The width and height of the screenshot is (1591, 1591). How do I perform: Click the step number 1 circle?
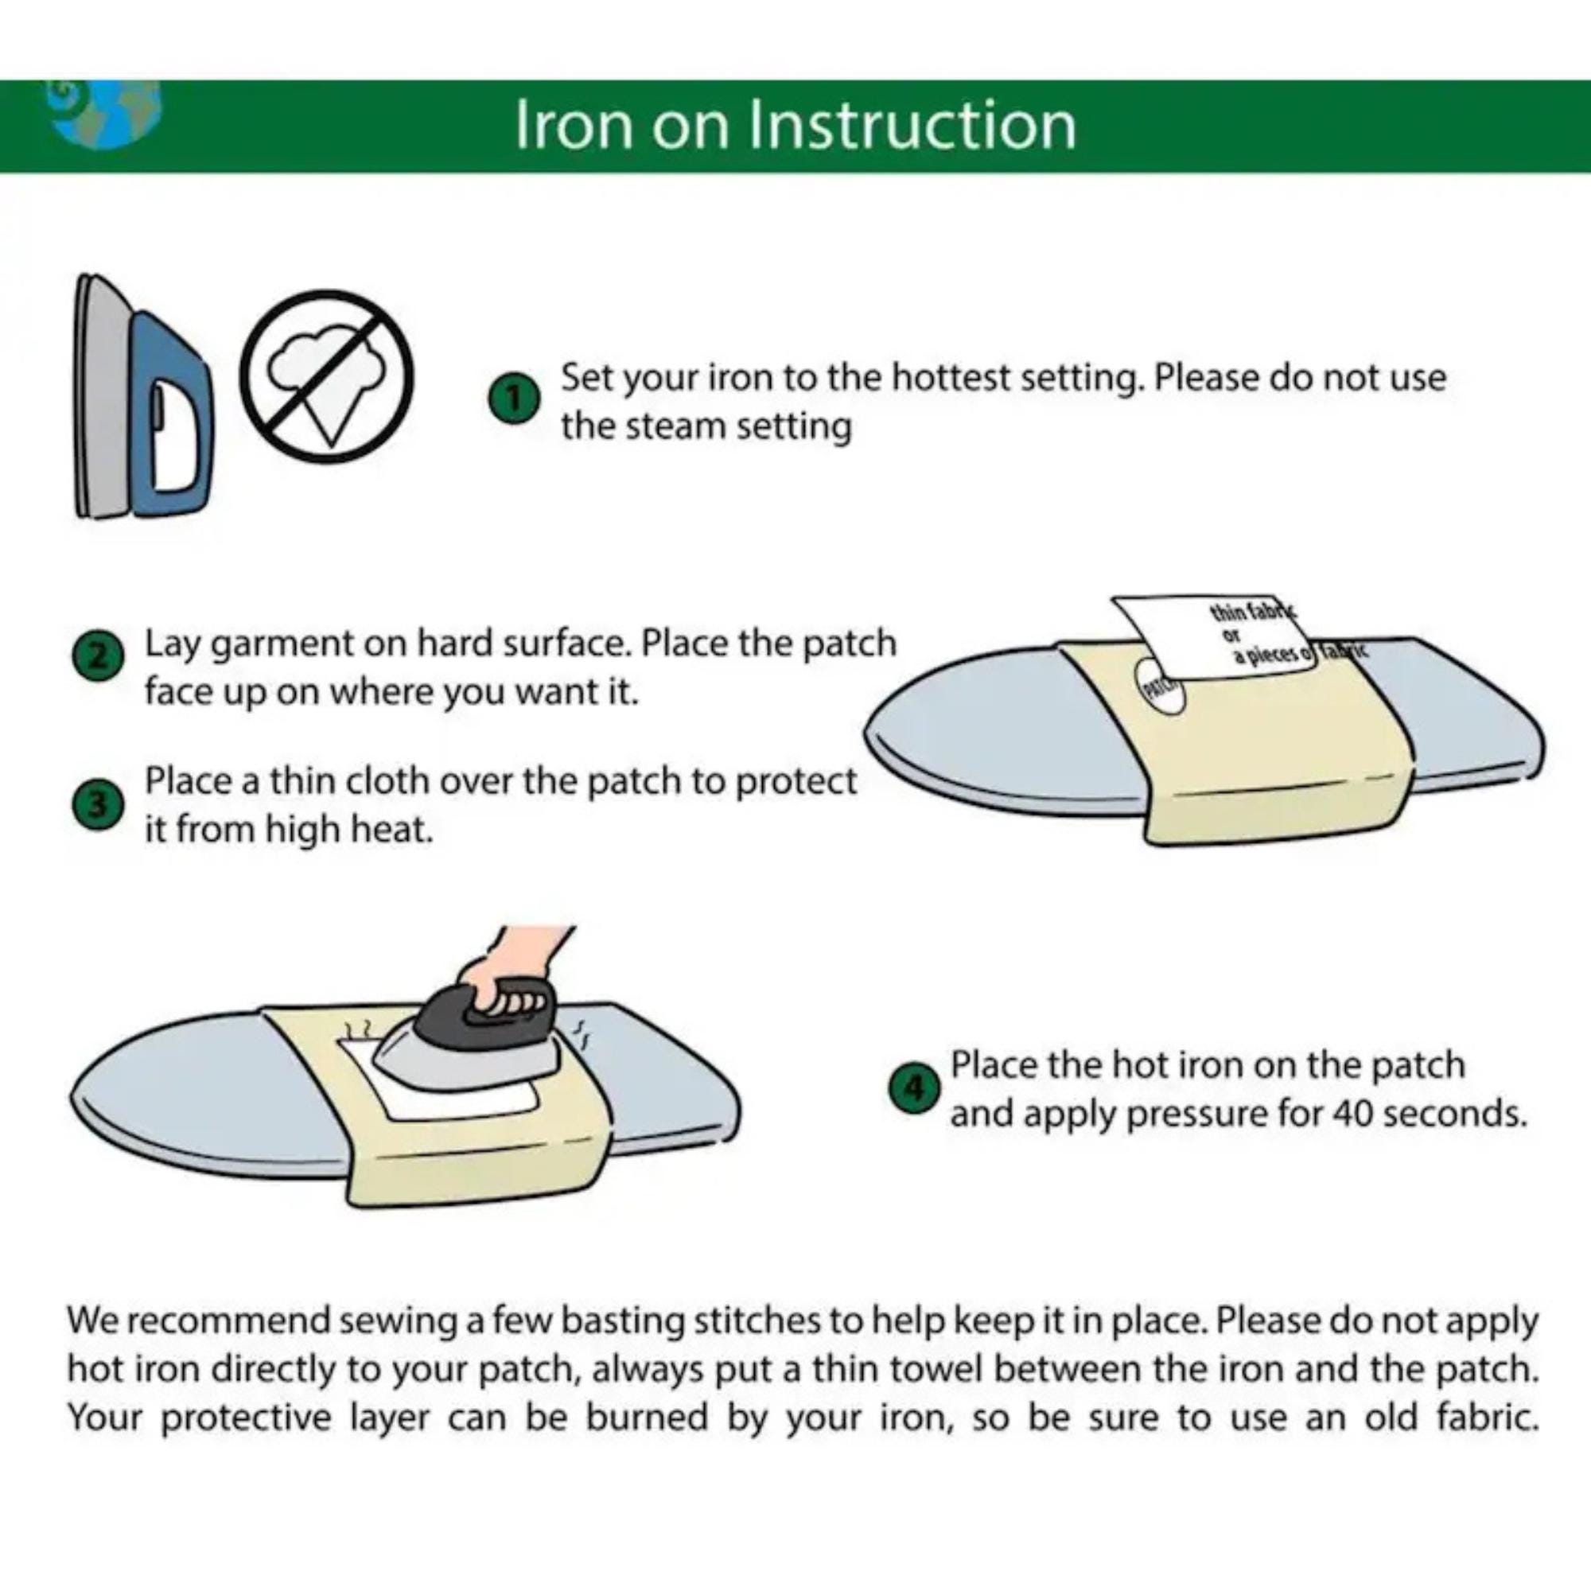tap(514, 400)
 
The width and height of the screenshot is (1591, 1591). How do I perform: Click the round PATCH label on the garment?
tap(1161, 688)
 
